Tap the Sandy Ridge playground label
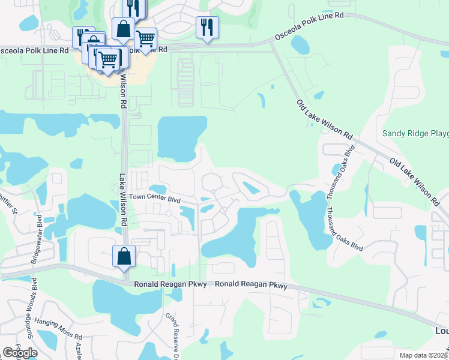pyautogui.click(x=415, y=133)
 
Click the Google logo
pyautogui.click(x=20, y=353)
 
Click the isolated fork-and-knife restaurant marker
pyautogui.click(x=207, y=28)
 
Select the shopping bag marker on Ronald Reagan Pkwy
pyautogui.click(x=124, y=256)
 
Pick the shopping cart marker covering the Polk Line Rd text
pyautogui.click(x=145, y=40)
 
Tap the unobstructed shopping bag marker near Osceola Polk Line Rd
pyautogui.click(x=123, y=29)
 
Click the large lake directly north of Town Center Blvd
pyautogui.click(x=181, y=137)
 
